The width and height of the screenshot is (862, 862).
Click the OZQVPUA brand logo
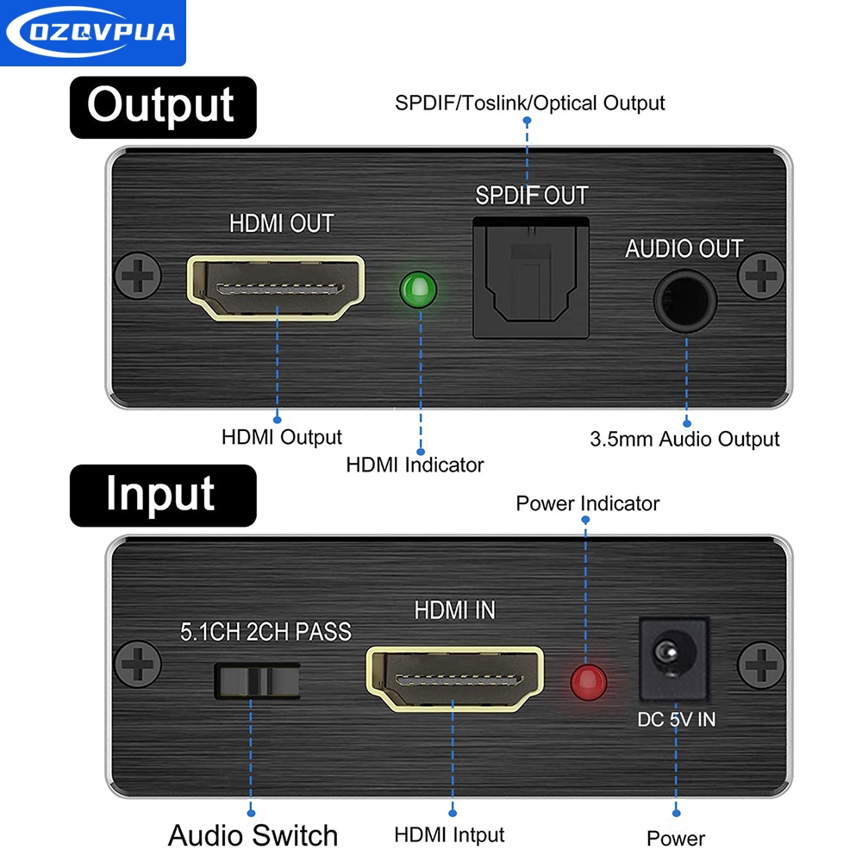point(92,33)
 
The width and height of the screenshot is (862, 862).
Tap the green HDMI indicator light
point(419,290)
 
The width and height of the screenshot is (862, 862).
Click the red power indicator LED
point(589,682)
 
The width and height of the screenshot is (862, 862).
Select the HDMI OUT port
point(276,290)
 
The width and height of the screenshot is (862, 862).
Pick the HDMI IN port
point(456,678)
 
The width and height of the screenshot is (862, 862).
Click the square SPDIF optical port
point(530,278)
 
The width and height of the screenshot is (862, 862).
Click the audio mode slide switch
point(256,680)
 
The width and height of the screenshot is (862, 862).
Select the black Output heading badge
point(163,107)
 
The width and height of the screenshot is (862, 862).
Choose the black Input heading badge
point(163,495)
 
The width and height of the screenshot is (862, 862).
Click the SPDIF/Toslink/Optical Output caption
point(530,103)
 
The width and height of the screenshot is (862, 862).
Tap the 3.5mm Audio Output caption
point(684,439)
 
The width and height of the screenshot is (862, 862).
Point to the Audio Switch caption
point(253,834)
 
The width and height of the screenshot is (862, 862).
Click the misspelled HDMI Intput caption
point(449,834)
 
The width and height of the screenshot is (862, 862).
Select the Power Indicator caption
point(587,503)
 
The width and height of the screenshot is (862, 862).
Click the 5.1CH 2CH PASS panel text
point(265,632)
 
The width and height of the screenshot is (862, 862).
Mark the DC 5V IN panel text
point(676,719)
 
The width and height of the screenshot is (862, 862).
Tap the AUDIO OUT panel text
point(684,249)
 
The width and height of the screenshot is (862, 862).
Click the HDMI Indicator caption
point(415,465)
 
